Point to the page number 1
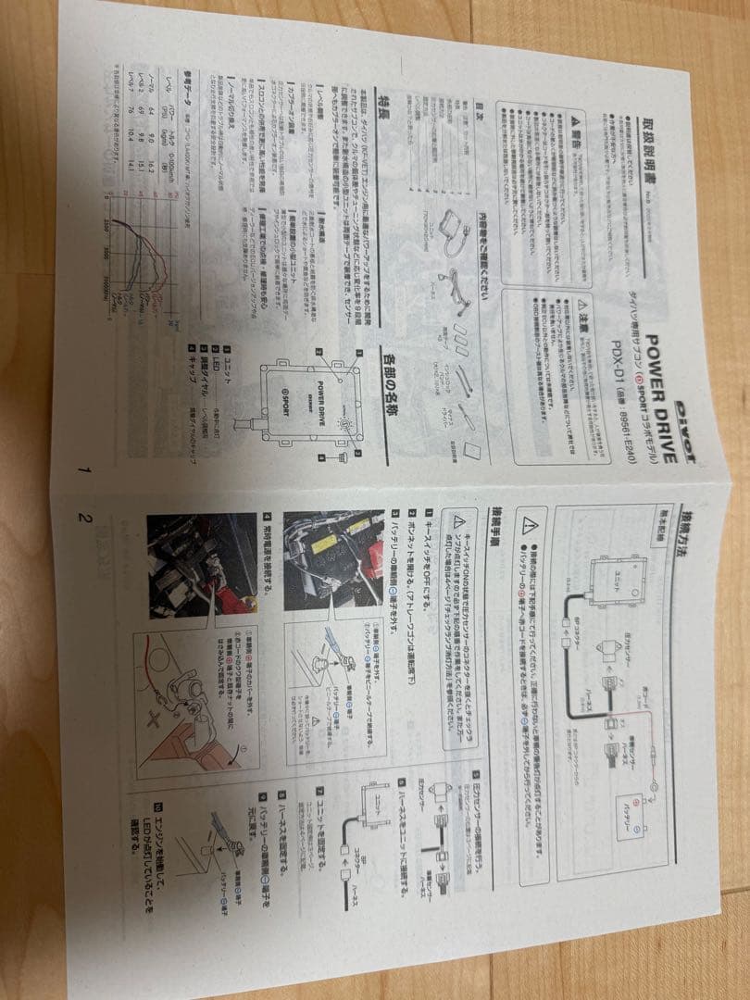tap(85, 469)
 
